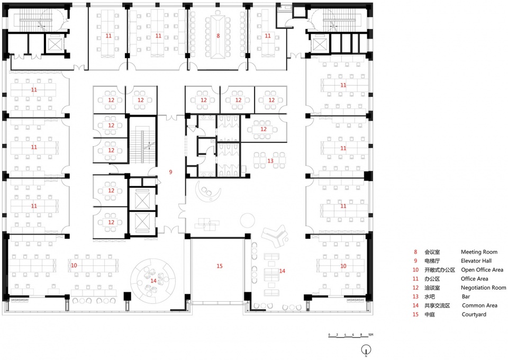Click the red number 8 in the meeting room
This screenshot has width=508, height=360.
point(218,35)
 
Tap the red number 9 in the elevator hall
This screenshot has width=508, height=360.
point(171,172)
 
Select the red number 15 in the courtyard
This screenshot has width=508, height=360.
point(220,266)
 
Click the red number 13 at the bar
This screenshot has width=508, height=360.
point(270,161)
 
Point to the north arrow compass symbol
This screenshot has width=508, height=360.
point(366,350)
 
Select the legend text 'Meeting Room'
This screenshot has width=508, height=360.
point(479,252)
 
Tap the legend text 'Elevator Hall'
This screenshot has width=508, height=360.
point(476,261)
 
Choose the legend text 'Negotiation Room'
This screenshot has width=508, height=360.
point(483,288)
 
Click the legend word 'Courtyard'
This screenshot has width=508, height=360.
point(474,314)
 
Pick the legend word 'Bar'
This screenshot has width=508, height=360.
point(466,296)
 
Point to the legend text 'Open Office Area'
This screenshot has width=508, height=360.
point(482,270)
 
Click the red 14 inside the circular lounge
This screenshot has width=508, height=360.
point(153,281)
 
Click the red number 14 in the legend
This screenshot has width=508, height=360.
point(416,305)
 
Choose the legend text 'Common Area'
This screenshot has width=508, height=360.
point(479,305)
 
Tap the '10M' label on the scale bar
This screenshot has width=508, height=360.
point(370,335)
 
